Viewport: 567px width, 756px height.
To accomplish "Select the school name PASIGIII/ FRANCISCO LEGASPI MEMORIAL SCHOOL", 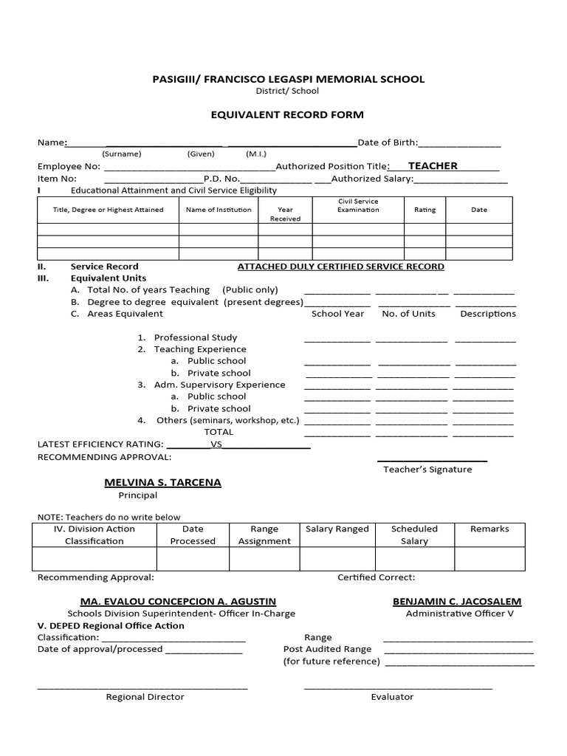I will tap(287, 79).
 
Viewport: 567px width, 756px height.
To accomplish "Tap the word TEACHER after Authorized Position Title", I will tap(433, 166).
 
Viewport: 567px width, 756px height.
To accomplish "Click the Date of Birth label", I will tap(388, 142).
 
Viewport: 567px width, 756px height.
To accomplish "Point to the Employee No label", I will tap(69, 167).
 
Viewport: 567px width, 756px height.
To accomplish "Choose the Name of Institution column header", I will tap(219, 210).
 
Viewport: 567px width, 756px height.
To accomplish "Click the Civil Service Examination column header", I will tap(358, 205).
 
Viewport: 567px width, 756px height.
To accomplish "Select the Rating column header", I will tap(425, 210).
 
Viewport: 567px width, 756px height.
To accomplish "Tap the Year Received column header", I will tap(285, 214).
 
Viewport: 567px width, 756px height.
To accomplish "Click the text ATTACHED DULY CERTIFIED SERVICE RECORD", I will tap(340, 267).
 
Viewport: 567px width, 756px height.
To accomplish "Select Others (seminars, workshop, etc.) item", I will tap(227, 420).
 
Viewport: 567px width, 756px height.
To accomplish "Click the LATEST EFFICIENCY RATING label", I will tap(100, 444).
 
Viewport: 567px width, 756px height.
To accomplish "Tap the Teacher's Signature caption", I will tap(427, 470).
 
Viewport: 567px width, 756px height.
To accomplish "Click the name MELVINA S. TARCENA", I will tap(162, 482).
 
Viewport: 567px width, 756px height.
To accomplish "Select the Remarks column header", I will tap(489, 529).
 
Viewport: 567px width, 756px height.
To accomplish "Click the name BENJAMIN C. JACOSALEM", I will tap(457, 602).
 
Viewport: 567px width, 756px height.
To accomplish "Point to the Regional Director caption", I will tap(145, 697).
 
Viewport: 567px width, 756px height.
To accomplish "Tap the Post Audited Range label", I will tap(328, 649).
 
